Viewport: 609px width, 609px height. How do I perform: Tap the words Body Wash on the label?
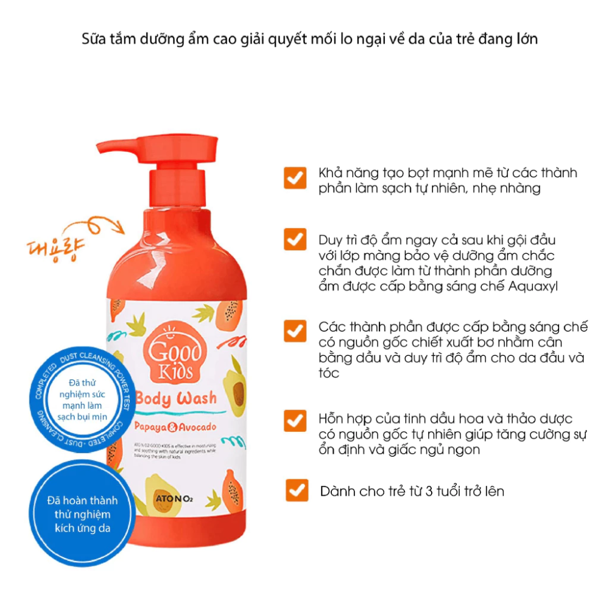point(176,398)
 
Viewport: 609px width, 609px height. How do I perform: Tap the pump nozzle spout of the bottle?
point(116,146)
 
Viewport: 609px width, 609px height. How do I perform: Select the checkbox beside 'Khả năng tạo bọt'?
point(295,178)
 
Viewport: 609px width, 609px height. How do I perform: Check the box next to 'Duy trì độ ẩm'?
point(295,239)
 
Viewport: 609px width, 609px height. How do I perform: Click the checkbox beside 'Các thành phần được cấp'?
point(295,331)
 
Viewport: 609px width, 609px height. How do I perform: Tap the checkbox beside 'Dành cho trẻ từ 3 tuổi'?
point(297,490)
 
